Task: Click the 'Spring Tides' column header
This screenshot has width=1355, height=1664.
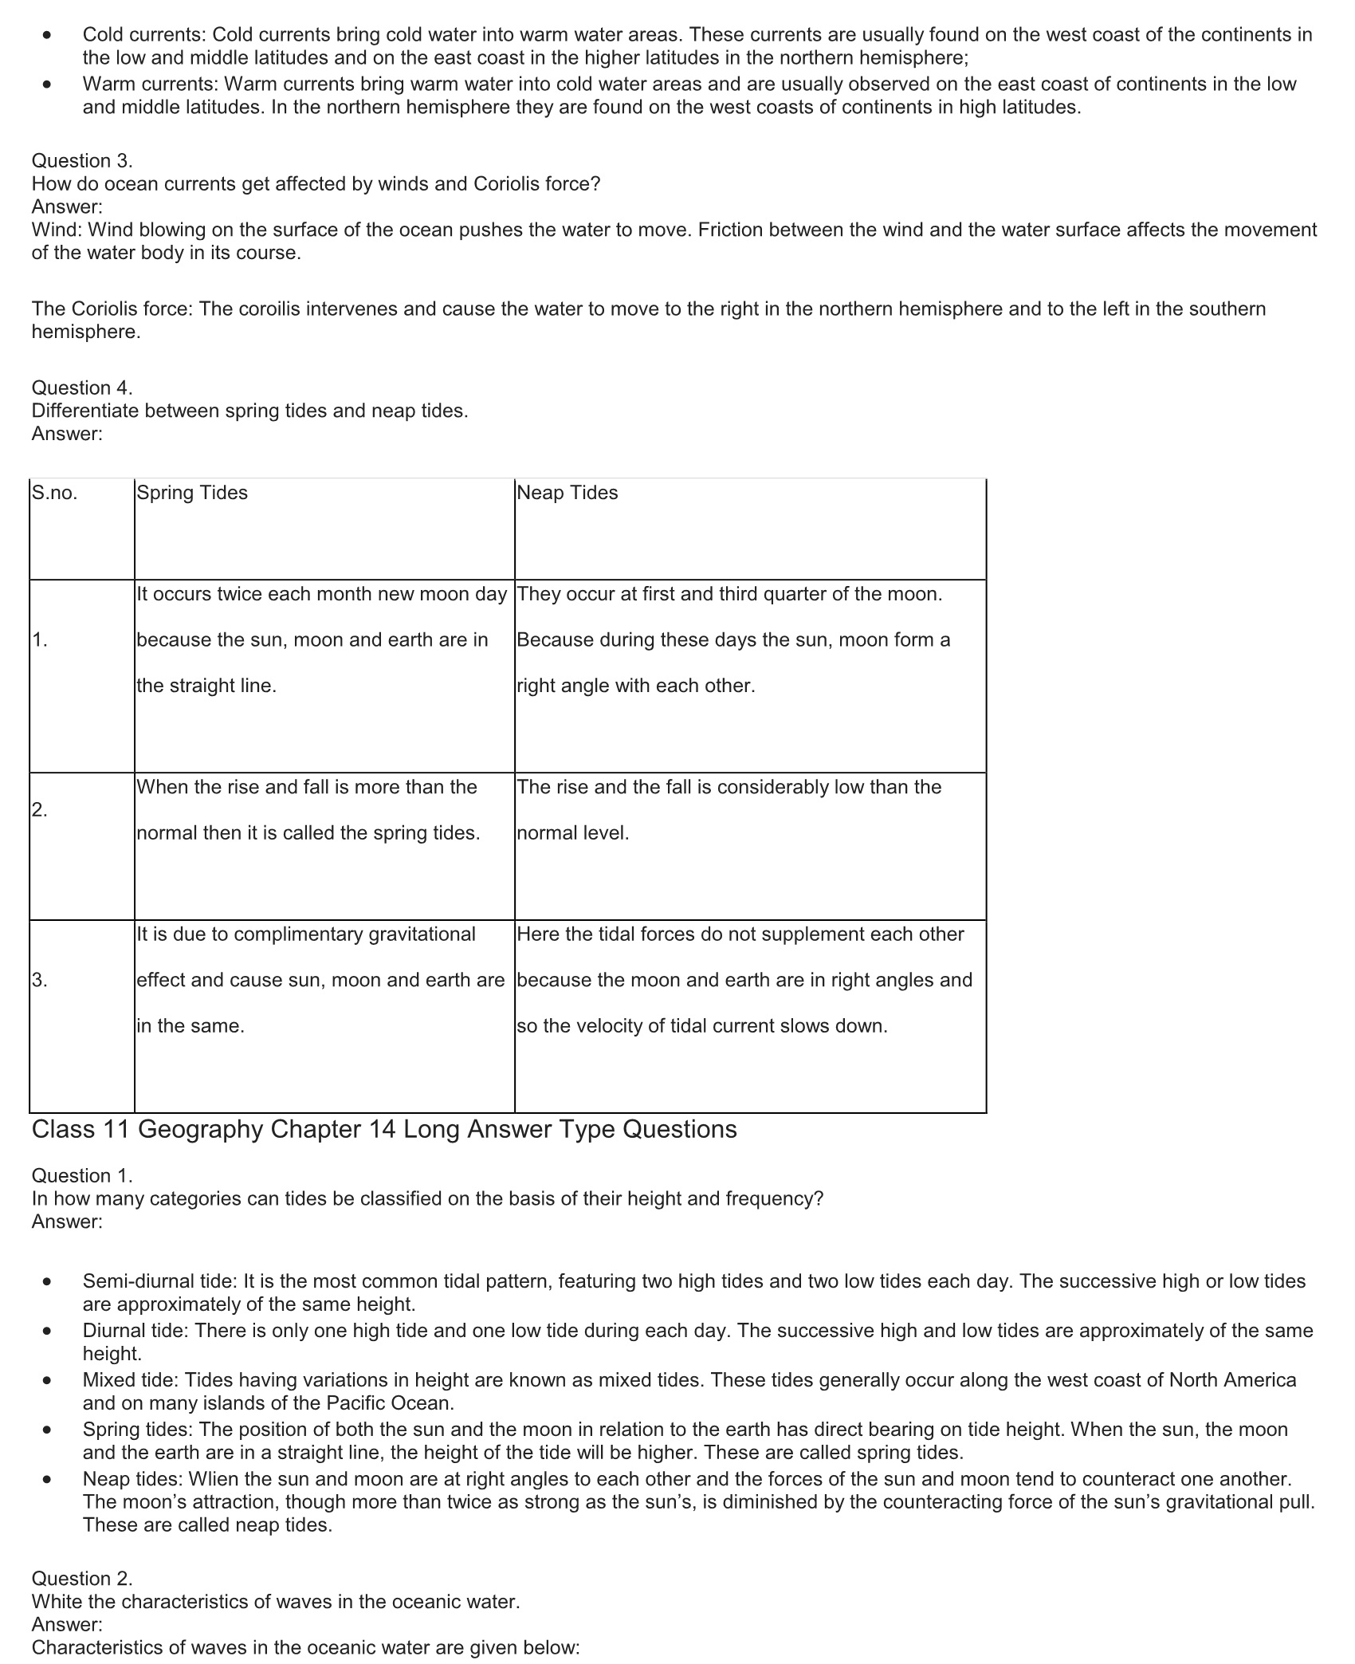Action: [x=192, y=493]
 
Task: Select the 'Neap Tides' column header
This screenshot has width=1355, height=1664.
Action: [x=567, y=493]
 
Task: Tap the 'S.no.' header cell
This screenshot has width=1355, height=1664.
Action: [x=54, y=493]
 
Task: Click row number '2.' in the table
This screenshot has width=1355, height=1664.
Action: [x=40, y=810]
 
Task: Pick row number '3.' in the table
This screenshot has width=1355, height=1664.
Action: [x=40, y=980]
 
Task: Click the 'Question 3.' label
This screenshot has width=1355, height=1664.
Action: [x=82, y=160]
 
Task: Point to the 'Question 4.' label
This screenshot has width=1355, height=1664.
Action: [x=82, y=387]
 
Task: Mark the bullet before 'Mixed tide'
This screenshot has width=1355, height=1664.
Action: [x=49, y=1382]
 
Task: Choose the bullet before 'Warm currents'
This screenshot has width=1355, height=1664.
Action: [x=49, y=85]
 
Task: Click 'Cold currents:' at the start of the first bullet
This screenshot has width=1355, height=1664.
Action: [x=145, y=34]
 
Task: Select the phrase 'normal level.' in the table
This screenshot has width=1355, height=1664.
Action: [x=573, y=833]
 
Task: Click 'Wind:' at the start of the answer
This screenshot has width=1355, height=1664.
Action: [x=57, y=230]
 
